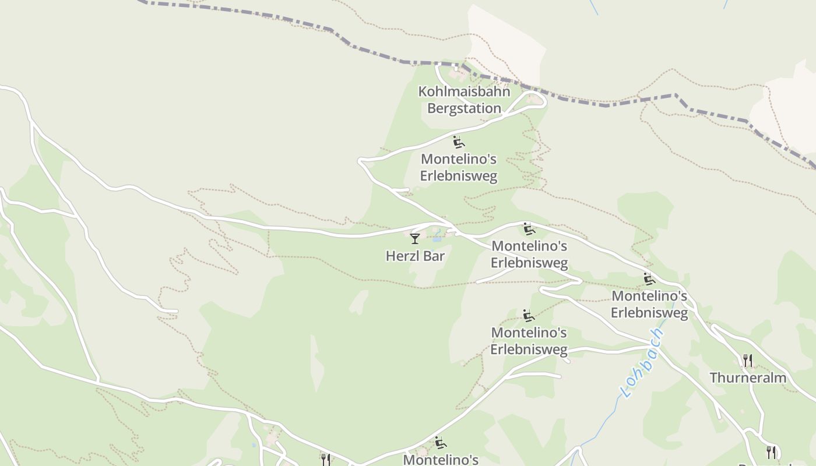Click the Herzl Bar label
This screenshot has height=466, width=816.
[415, 256]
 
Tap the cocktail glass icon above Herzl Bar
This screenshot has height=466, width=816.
[414, 238]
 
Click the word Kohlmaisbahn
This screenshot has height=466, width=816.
[464, 92]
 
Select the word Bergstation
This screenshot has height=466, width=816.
[464, 108]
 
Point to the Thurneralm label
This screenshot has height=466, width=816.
[748, 378]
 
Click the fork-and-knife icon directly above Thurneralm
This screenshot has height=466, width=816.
[748, 361]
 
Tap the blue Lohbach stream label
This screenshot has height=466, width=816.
[643, 362]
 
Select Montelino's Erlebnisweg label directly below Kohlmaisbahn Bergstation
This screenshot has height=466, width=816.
[459, 167]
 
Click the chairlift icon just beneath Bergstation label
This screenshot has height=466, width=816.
[459, 142]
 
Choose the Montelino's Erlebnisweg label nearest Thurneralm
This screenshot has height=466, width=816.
[649, 304]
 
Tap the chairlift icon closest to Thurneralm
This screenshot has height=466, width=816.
[649, 279]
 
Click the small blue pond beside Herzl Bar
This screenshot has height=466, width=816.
[437, 239]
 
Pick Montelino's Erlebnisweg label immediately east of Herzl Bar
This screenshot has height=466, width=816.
[529, 254]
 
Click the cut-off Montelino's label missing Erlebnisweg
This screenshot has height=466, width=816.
[440, 460]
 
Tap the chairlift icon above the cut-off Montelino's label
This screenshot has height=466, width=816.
[441, 443]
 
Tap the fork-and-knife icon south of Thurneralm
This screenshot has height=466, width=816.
[771, 452]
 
